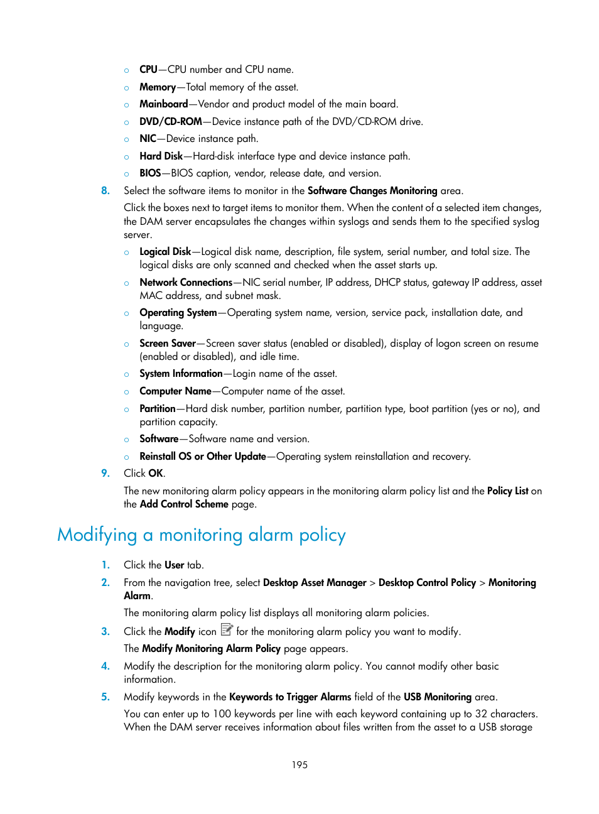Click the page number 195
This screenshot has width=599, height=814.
[299, 764]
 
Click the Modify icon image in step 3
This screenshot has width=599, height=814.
[227, 629]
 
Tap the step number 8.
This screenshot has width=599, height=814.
[105, 190]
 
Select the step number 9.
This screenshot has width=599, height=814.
[105, 473]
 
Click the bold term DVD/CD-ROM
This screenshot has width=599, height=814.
[171, 121]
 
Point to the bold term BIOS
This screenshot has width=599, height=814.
[150, 173]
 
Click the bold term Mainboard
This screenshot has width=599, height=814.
[163, 104]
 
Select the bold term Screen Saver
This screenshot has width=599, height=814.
[168, 343]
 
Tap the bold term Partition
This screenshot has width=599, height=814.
[157, 408]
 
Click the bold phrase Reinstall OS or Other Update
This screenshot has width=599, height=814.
[202, 456]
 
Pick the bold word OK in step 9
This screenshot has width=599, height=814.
[156, 473]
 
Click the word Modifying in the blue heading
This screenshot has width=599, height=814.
[97, 535]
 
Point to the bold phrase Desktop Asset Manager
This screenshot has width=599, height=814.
[314, 582]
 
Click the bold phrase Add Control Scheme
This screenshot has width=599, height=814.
[183, 504]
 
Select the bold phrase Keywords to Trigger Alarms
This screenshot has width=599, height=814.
[290, 697]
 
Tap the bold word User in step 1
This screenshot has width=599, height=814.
[174, 565]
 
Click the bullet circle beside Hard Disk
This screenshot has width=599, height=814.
[126, 156]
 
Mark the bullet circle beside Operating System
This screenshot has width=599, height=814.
[126, 313]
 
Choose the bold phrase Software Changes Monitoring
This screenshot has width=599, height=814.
[372, 190]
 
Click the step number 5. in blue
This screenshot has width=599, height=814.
[105, 697]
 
